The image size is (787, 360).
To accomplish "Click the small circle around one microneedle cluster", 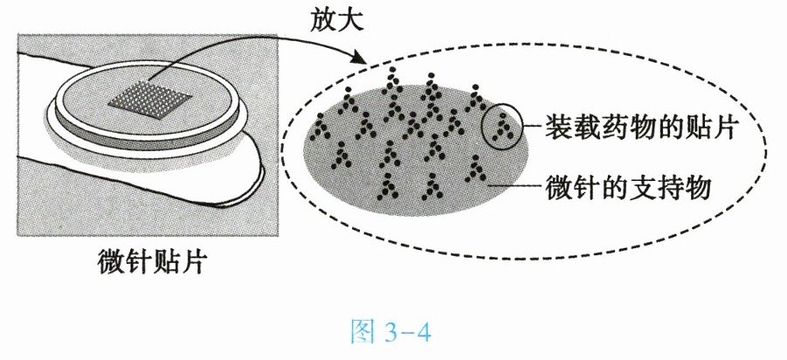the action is pos(502,128).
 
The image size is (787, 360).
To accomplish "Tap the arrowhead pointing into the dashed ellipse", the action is pos(357,58).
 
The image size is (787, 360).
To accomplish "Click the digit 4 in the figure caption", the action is pos(421,334).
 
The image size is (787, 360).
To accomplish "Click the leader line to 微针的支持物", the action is pos(515,185).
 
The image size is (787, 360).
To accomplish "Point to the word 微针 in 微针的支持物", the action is pos(573,186).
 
